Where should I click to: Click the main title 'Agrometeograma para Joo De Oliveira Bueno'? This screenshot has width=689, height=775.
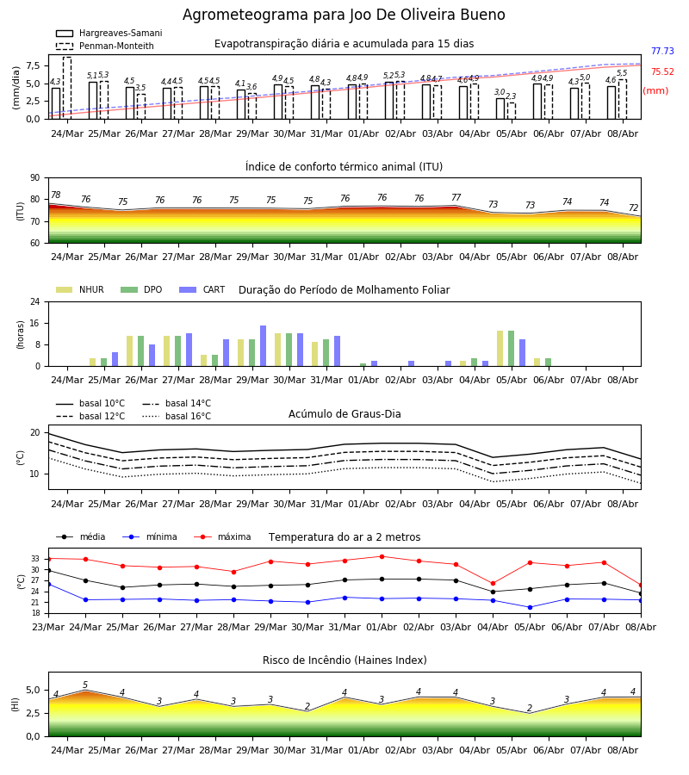(x=344, y=15)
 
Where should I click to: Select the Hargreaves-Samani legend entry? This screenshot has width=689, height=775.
(x=109, y=33)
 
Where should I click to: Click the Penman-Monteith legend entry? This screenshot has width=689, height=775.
(x=105, y=46)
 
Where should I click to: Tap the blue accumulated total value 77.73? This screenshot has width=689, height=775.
(x=662, y=51)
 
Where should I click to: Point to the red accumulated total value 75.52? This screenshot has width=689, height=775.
(x=662, y=71)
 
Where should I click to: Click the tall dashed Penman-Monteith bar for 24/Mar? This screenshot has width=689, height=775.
(x=67, y=88)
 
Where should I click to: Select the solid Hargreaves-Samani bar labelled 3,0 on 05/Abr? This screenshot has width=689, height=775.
(x=500, y=108)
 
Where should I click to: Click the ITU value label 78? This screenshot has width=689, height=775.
(x=56, y=195)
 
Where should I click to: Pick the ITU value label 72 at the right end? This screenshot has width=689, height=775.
(x=634, y=208)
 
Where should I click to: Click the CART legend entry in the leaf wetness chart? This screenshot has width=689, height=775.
(x=202, y=289)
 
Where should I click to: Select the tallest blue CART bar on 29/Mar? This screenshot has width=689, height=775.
(x=263, y=346)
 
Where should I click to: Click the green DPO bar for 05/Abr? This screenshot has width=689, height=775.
(x=511, y=349)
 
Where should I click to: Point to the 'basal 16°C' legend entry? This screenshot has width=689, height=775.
(x=177, y=416)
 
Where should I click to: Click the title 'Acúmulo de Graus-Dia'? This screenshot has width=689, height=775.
(x=344, y=413)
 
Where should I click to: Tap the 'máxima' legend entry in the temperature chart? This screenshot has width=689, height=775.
(x=223, y=536)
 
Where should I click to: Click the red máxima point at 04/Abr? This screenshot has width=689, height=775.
(x=493, y=584)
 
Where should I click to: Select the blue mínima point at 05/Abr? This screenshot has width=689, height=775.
(x=530, y=607)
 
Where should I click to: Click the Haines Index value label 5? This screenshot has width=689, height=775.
(x=85, y=685)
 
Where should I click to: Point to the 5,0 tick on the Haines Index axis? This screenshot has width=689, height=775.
(x=34, y=690)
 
